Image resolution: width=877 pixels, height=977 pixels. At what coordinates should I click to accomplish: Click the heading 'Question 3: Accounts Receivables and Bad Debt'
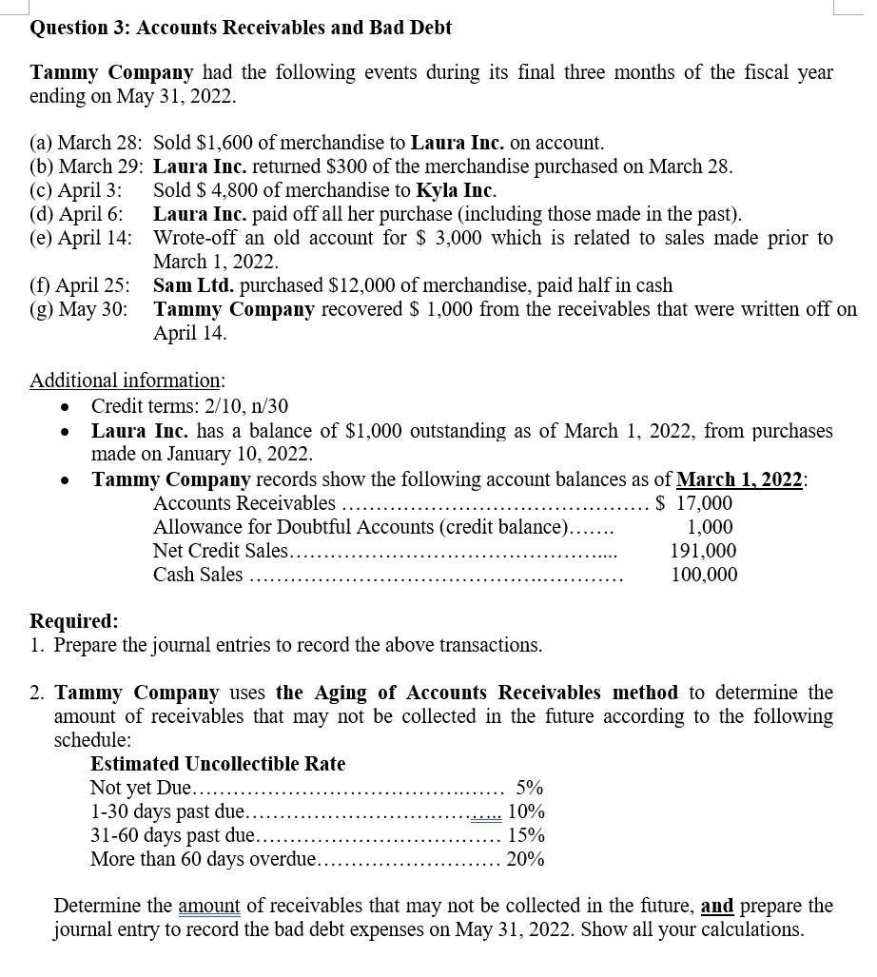[x=241, y=28]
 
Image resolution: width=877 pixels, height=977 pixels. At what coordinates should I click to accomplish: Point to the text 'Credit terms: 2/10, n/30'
[x=189, y=407]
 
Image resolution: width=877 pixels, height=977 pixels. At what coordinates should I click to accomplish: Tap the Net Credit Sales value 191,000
[x=703, y=551]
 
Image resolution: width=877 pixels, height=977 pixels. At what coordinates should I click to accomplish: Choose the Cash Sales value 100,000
[x=704, y=575]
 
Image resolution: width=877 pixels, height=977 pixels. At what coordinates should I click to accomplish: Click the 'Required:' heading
[x=74, y=621]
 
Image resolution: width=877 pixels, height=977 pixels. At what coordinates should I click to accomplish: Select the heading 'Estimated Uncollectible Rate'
[x=218, y=764]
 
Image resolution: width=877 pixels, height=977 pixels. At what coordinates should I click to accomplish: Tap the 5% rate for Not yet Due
[x=529, y=788]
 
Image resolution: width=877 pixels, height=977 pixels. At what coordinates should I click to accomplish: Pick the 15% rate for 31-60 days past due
[x=526, y=835]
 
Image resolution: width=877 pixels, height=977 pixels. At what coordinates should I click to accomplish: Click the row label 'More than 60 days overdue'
[x=203, y=859]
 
